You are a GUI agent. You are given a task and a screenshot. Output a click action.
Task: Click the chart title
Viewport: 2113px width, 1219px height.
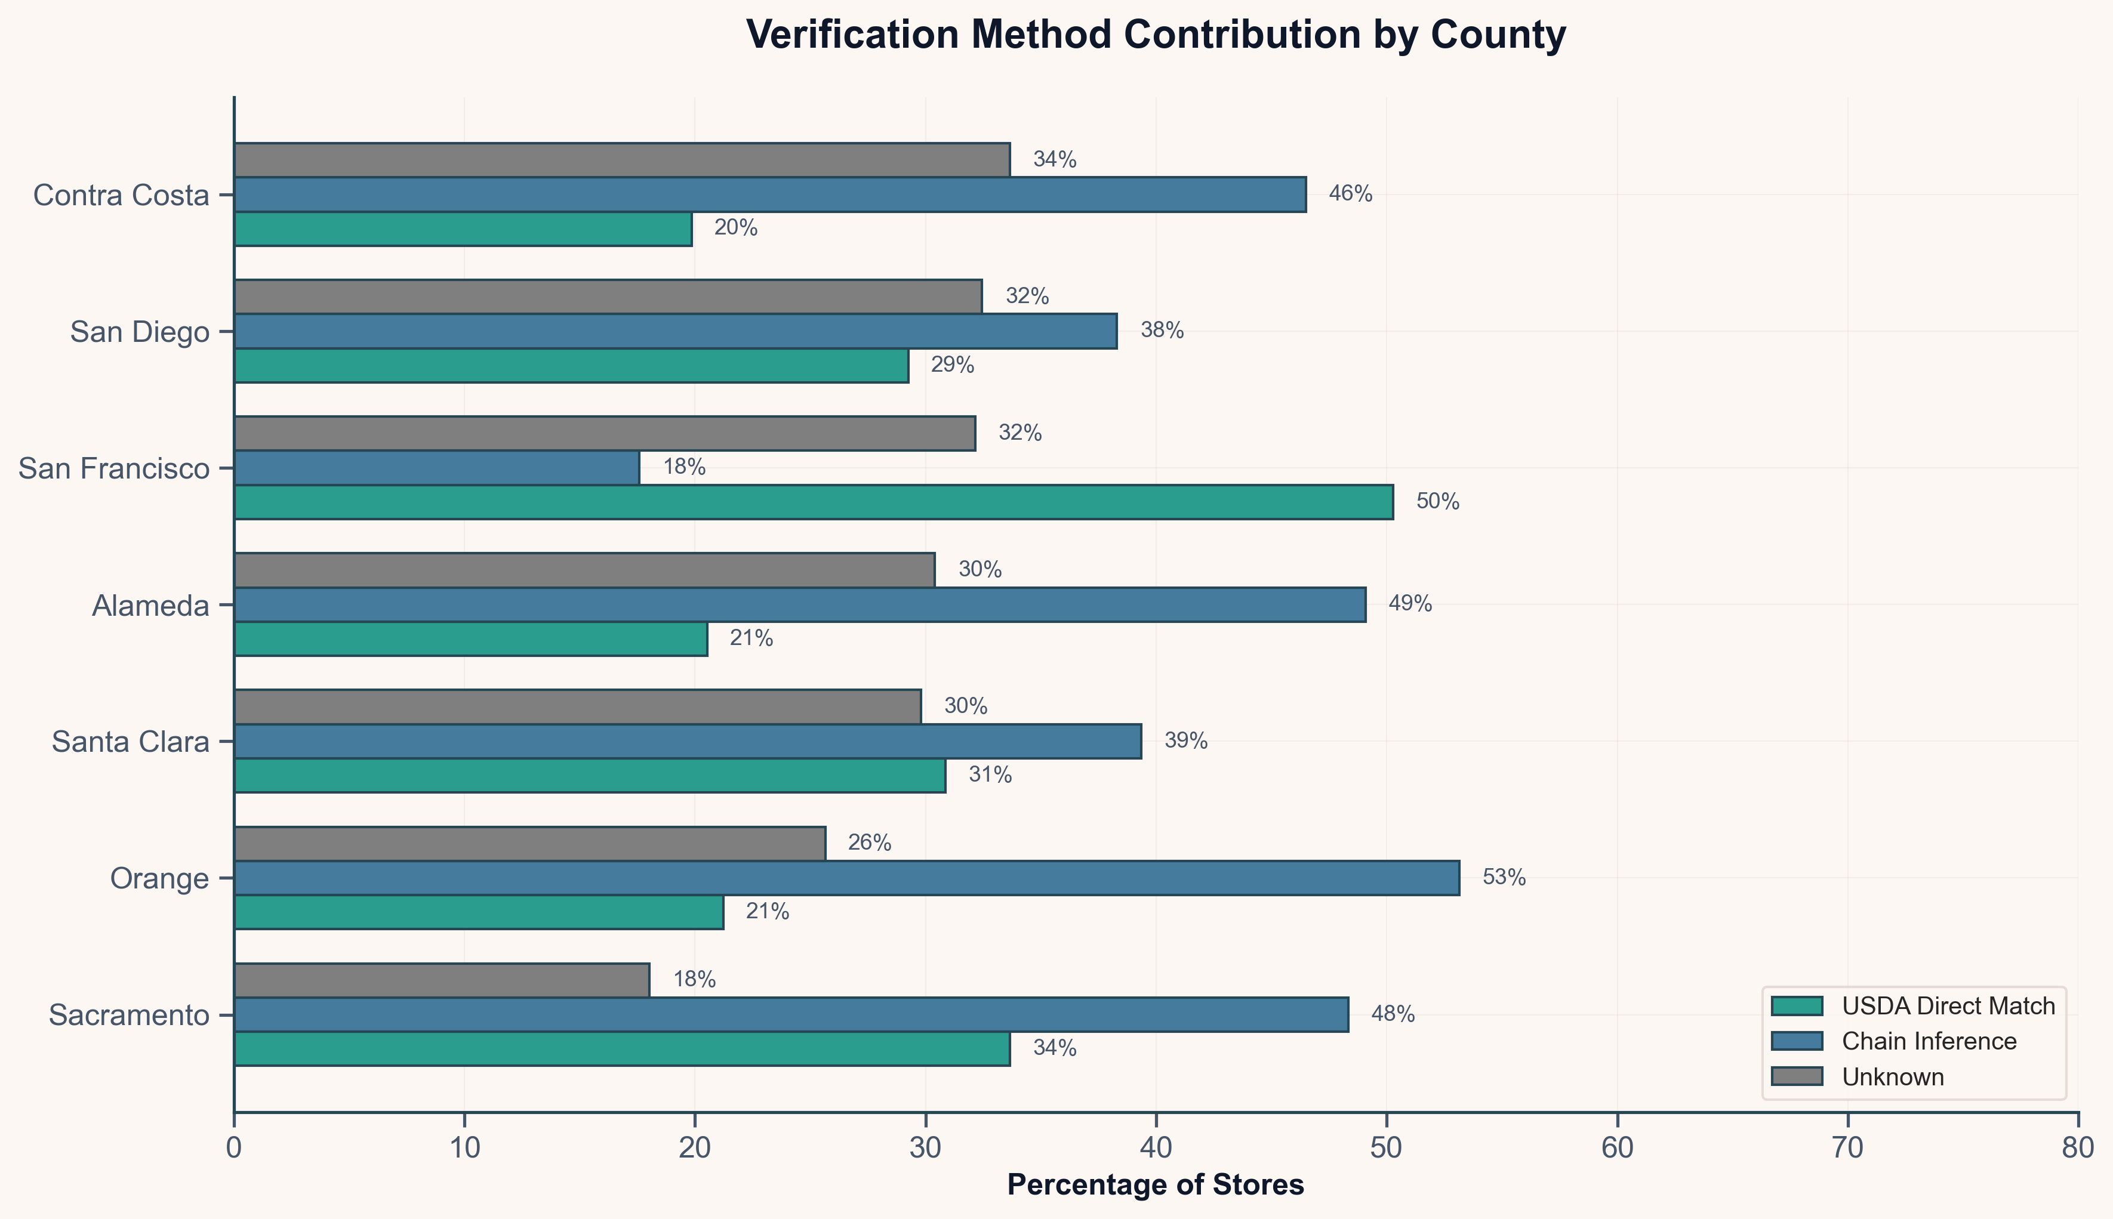tap(1155, 35)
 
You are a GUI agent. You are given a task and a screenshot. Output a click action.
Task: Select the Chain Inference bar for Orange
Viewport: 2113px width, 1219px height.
tap(846, 878)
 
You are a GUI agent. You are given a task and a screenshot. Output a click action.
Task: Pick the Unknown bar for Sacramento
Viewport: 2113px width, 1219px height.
tap(441, 980)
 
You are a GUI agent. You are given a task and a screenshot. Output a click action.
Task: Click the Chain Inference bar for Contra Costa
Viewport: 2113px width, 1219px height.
tap(769, 195)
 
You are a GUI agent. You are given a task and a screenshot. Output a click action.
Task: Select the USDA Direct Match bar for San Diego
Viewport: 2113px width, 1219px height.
tap(571, 365)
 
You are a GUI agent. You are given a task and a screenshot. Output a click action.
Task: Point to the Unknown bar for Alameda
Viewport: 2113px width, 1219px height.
tap(584, 569)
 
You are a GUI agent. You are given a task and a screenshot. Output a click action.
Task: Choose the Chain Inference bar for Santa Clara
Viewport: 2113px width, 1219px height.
tap(687, 741)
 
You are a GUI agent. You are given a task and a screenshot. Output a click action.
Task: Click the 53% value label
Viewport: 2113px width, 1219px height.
tap(1504, 878)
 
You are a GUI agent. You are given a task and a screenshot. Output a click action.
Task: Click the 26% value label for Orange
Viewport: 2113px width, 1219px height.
tap(869, 843)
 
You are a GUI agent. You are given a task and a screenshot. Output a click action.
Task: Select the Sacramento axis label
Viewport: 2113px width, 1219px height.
tap(129, 1015)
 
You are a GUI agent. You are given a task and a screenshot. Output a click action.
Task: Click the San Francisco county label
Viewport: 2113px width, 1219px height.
tap(114, 468)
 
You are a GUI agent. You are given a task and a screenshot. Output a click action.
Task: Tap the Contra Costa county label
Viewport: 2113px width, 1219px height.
tap(121, 195)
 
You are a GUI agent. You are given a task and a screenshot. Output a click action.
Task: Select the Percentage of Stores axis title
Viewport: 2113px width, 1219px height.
tap(1155, 1184)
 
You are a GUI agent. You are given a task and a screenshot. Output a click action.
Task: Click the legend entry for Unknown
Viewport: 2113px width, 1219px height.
tap(1893, 1076)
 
